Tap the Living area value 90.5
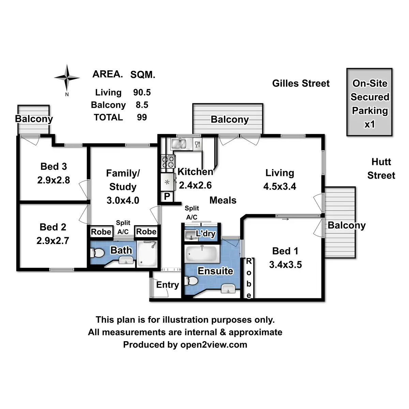[x=142, y=92]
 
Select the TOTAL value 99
[x=142, y=117]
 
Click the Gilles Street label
[x=301, y=83]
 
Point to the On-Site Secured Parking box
[x=369, y=102]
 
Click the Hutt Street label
[x=381, y=168]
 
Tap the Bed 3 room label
[x=54, y=166]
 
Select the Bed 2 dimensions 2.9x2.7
[x=53, y=241]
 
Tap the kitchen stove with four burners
[x=168, y=162]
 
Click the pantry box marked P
[x=167, y=197]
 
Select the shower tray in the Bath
[x=147, y=254]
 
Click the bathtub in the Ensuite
[x=202, y=254]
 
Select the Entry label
[x=167, y=285]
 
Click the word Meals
[x=223, y=200]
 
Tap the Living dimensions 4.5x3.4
[x=280, y=186]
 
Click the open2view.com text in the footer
[x=214, y=345]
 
